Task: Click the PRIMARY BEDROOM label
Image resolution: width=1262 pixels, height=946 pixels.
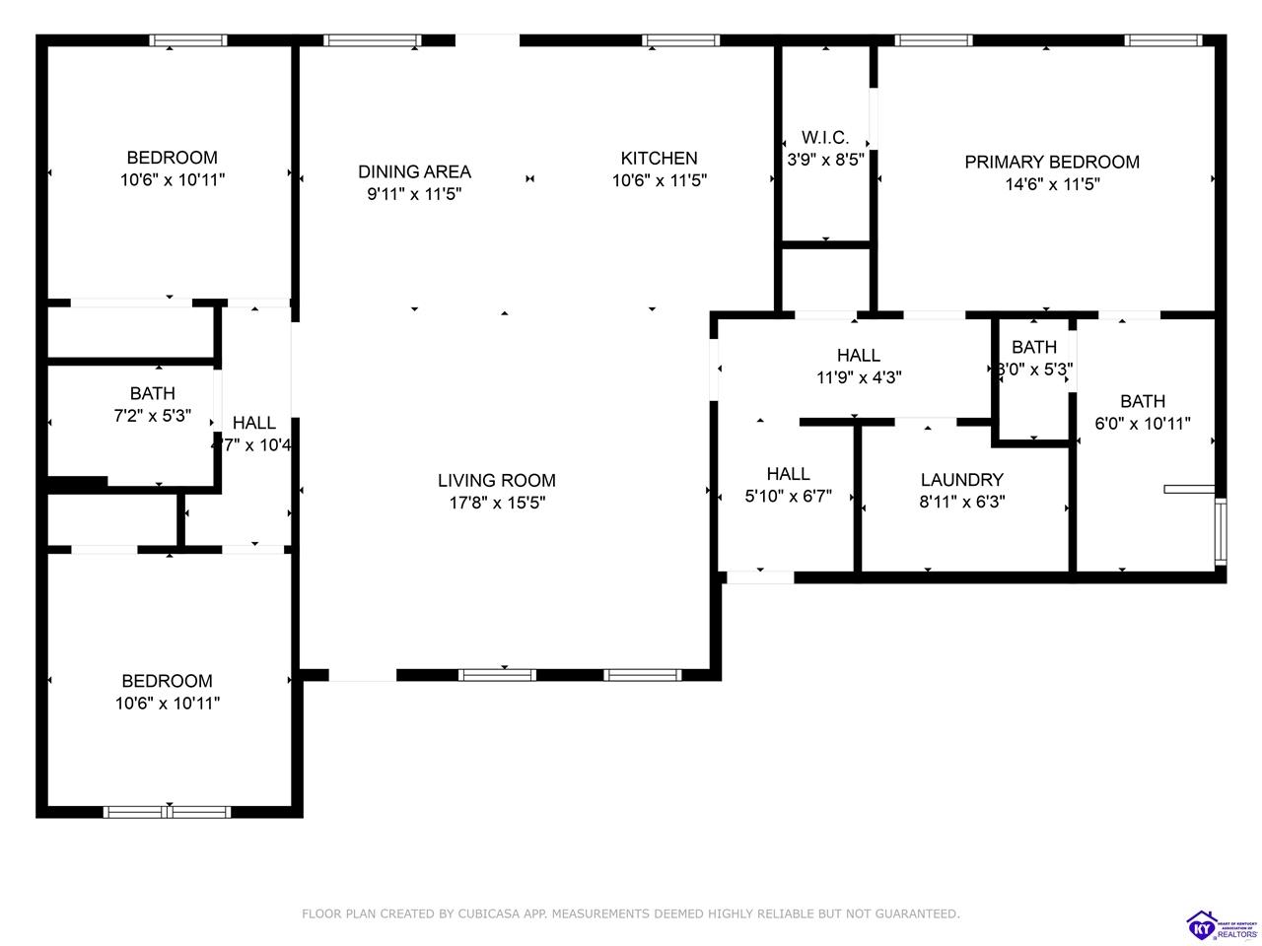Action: click(1051, 162)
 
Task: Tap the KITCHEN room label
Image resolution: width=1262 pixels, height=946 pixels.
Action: click(659, 158)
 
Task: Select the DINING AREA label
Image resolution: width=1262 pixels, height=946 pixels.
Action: click(414, 171)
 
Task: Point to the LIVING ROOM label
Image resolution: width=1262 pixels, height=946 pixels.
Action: click(496, 481)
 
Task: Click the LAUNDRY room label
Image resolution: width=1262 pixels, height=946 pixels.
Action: click(961, 480)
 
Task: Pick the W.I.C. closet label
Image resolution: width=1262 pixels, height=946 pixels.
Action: click(825, 138)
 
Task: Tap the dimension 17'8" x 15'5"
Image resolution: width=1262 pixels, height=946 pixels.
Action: click(496, 503)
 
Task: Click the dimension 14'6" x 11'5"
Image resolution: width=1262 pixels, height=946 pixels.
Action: click(1051, 184)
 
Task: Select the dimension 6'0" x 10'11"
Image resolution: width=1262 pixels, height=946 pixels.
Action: click(1143, 424)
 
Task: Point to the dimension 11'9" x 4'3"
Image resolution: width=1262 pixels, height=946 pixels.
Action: click(858, 376)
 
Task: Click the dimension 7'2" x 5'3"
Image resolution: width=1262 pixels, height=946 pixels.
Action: click(152, 416)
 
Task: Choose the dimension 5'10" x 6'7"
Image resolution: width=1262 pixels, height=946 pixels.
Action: click(788, 497)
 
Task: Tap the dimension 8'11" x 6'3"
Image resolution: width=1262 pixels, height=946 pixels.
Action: click(961, 502)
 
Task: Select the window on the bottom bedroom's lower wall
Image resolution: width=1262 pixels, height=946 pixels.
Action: click(168, 812)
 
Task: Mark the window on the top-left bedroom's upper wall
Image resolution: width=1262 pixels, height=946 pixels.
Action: click(187, 40)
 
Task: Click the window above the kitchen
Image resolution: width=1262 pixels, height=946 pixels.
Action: click(680, 40)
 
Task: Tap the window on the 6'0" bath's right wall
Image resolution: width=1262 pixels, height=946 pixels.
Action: click(1221, 531)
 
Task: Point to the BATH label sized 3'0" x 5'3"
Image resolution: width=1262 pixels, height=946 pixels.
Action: click(1033, 347)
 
